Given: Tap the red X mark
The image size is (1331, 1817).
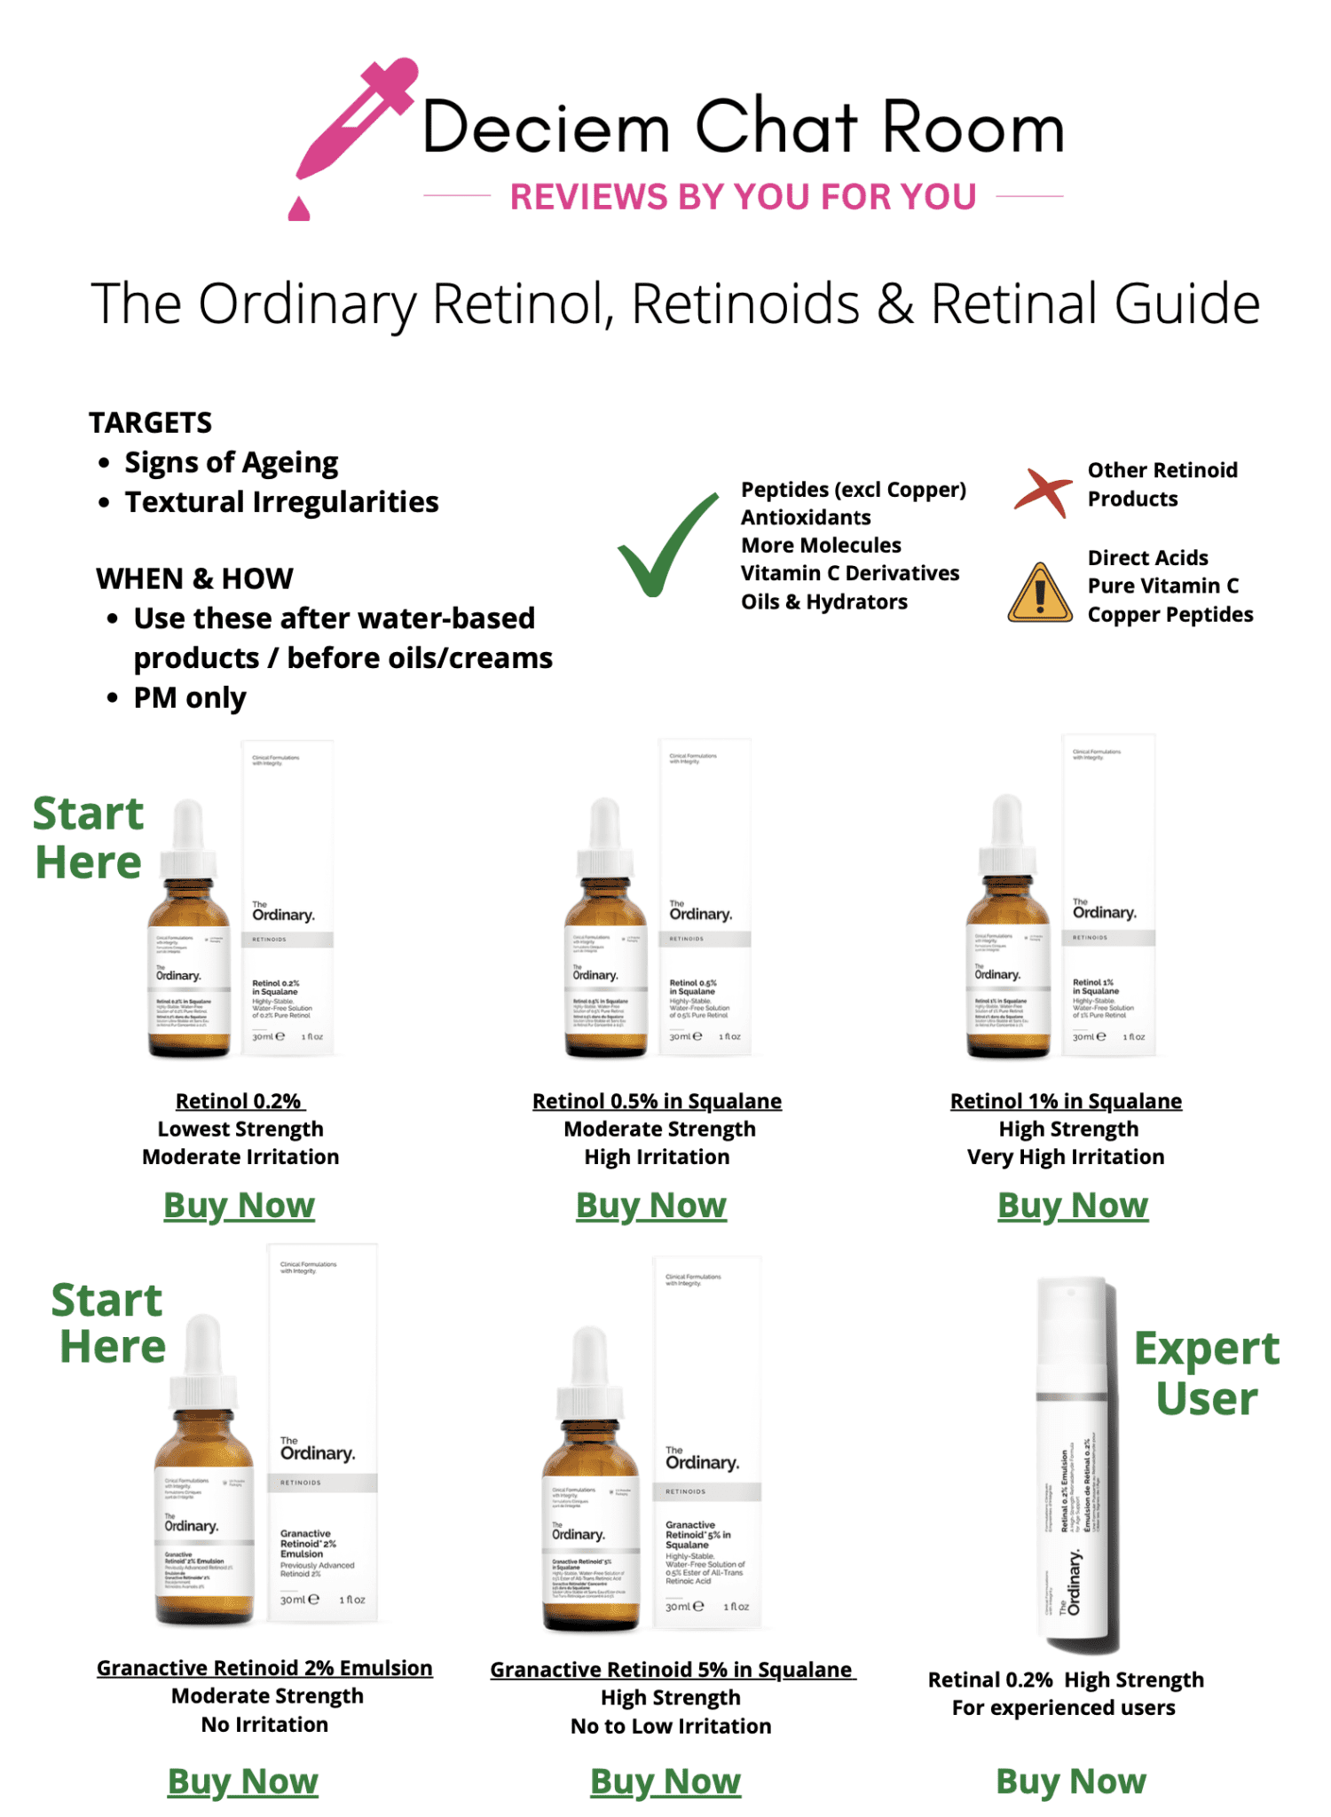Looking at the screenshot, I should point(1042,490).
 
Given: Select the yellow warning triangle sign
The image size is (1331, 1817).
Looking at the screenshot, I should point(1040,594).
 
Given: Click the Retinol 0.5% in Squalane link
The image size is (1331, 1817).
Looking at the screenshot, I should point(657,1101).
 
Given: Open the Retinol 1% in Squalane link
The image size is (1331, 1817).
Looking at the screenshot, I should point(1066,1101).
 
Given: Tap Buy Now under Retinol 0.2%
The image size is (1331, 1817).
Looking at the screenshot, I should point(240,1206).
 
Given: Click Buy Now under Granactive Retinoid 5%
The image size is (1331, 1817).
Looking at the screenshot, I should point(665,1782).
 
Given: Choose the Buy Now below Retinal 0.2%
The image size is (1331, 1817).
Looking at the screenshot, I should point(1071,1782).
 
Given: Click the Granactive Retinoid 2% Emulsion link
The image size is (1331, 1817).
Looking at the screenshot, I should point(264,1668).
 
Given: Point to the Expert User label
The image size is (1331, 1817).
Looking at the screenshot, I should point(1207,1373).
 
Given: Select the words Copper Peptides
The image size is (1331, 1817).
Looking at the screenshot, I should point(1170,615).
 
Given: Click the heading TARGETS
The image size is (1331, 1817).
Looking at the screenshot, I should point(151,423).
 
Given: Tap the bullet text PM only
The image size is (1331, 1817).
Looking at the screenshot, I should point(190,698).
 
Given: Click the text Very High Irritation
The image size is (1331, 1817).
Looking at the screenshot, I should point(1066,1157).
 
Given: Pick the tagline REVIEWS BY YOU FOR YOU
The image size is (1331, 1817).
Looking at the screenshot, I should point(744,197).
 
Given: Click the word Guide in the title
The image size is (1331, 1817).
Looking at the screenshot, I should point(1186,304).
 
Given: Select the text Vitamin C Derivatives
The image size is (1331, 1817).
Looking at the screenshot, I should point(850,573).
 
